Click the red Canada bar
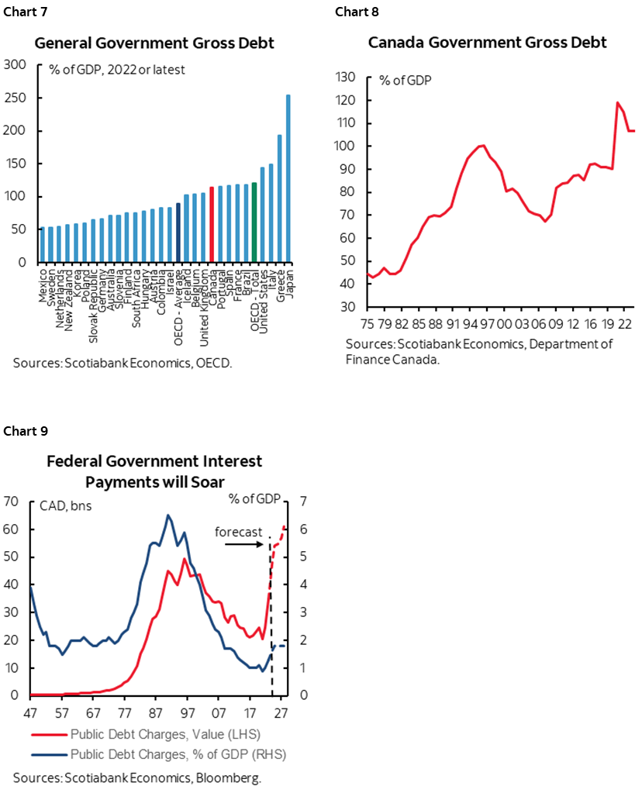coord(212,225)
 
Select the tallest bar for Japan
coord(288,178)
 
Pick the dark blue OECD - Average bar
coord(178,233)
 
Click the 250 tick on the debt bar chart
coord(15,98)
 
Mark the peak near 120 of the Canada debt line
coord(619,102)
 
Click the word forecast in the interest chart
coord(238,533)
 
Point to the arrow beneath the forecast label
coord(247,545)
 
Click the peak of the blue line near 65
coord(168,515)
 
